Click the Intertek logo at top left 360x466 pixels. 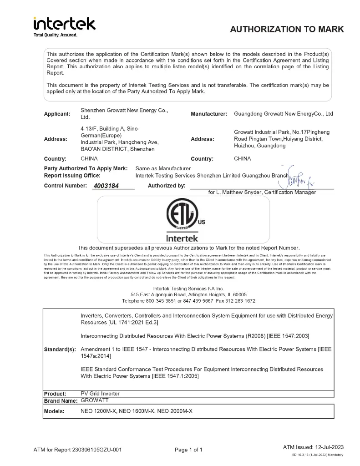tap(64, 24)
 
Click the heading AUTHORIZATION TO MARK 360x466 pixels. tap(287, 30)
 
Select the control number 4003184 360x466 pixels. tap(106, 186)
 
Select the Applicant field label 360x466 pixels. tap(57, 114)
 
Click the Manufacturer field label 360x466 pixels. tap(209, 114)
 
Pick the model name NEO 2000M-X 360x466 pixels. tap(175, 411)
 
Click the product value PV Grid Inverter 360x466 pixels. tap(100, 394)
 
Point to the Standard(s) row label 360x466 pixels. tap(60, 350)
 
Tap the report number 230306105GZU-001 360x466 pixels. tap(96, 450)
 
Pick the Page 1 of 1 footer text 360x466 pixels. tap(188, 450)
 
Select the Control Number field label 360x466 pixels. tap(65, 186)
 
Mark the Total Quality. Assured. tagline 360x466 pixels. tap(56, 35)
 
